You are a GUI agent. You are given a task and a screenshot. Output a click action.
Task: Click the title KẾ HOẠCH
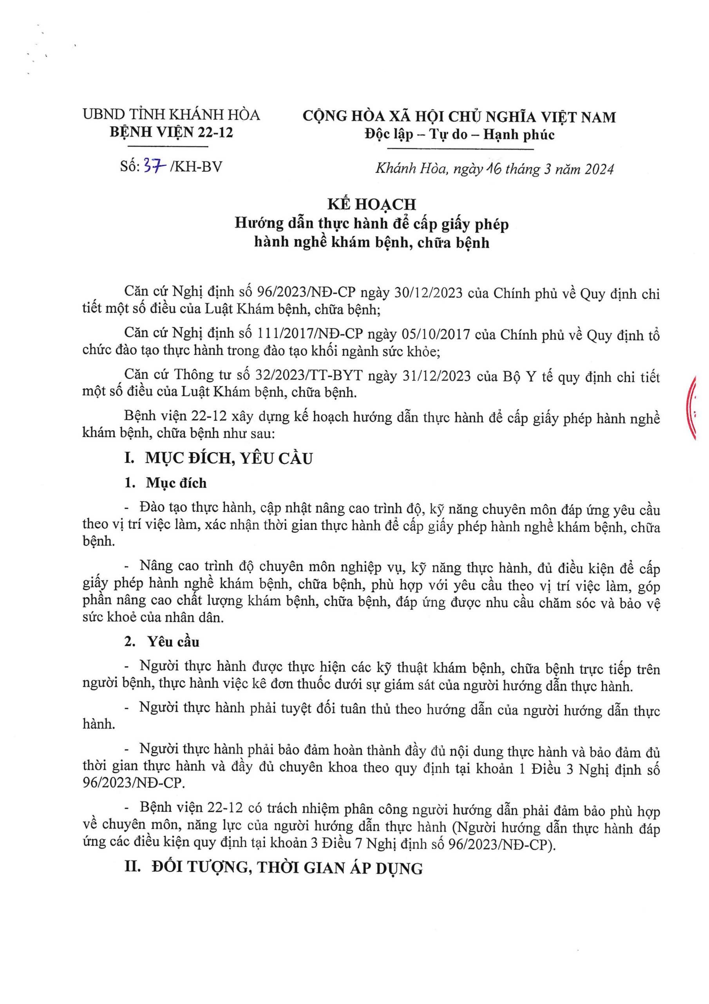coord(372,204)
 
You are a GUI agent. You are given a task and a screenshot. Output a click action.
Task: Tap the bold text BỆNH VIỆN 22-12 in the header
coord(172,132)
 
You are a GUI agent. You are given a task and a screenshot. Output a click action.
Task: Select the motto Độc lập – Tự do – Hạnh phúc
coord(459,134)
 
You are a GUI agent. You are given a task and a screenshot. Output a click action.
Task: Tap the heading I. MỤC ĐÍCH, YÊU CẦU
coord(219,458)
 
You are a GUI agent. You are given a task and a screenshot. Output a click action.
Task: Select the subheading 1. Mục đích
coord(166,483)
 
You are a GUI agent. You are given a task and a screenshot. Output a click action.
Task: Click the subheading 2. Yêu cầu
coord(162,642)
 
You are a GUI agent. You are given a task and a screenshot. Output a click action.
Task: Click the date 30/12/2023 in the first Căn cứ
coord(429,293)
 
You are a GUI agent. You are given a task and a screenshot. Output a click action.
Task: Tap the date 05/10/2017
coord(436,335)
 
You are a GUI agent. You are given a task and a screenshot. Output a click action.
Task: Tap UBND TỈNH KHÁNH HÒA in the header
coord(172,115)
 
